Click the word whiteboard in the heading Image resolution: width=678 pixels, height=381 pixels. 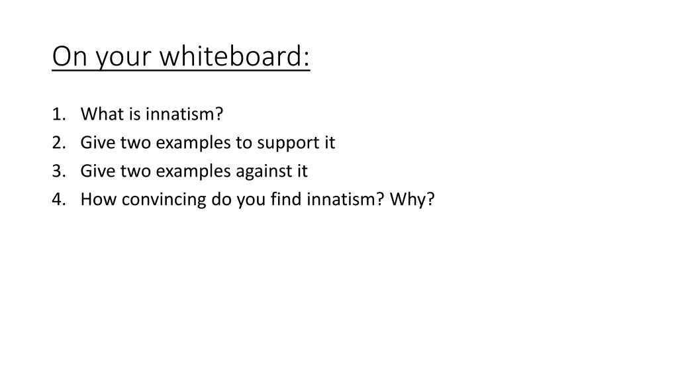[x=235, y=56]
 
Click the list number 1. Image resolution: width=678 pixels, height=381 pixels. [x=59, y=114]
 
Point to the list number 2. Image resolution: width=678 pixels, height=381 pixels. [x=59, y=143]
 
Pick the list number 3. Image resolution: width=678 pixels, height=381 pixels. [x=59, y=171]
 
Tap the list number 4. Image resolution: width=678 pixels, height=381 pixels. [x=59, y=199]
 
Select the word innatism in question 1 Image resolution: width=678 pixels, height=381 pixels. [x=184, y=114]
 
